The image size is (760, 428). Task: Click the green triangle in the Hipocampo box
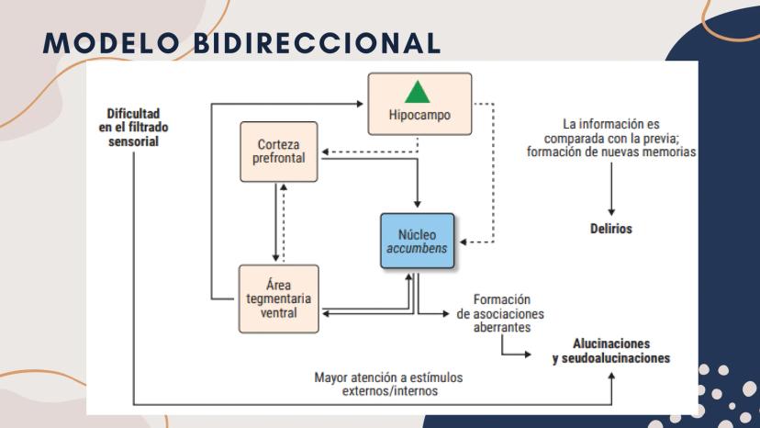click(418, 92)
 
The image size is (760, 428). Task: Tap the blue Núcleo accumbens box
click(418, 242)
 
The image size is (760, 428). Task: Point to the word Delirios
click(610, 229)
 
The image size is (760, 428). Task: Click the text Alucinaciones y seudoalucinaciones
click(610, 350)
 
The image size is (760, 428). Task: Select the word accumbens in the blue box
click(418, 249)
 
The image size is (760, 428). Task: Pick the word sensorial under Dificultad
click(133, 142)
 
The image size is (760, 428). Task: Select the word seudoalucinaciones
click(610, 357)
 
